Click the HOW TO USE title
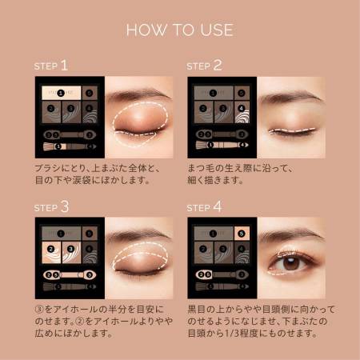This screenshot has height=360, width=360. click(179, 30)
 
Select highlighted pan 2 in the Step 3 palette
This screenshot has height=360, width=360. click(50, 250)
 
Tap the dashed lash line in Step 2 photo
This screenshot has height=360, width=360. click(292, 128)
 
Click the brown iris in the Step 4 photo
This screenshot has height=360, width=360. click(294, 262)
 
